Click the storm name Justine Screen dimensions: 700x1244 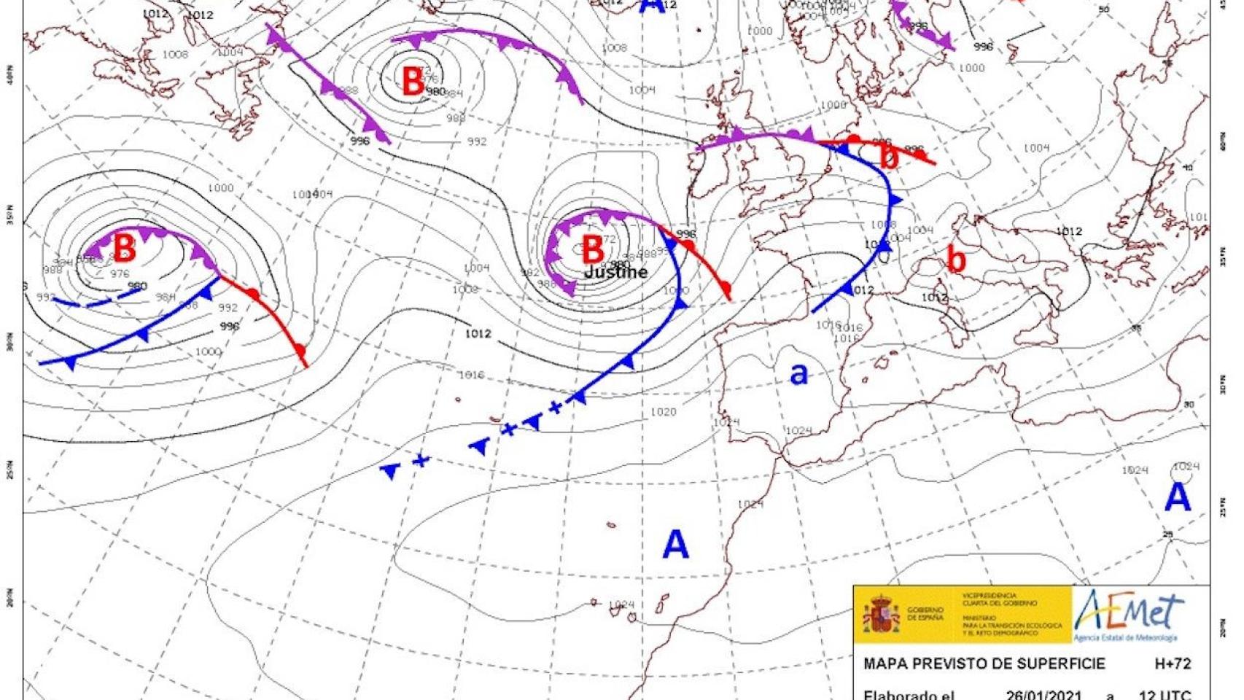(x=615, y=272)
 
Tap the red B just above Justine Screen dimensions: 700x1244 (x=593, y=249)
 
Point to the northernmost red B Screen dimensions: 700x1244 (x=413, y=81)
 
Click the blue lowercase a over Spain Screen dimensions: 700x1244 (x=799, y=373)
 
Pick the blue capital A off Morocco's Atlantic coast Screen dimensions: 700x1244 (x=675, y=545)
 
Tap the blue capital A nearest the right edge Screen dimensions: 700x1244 (x=1177, y=497)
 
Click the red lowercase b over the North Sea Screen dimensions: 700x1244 (x=887, y=157)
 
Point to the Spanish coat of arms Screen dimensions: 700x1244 (x=881, y=612)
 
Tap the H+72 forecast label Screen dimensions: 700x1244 (x=1172, y=664)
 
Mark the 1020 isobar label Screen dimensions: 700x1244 (x=663, y=412)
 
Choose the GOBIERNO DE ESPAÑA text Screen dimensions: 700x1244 (x=925, y=613)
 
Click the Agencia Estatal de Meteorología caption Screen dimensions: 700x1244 (x=1124, y=639)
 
